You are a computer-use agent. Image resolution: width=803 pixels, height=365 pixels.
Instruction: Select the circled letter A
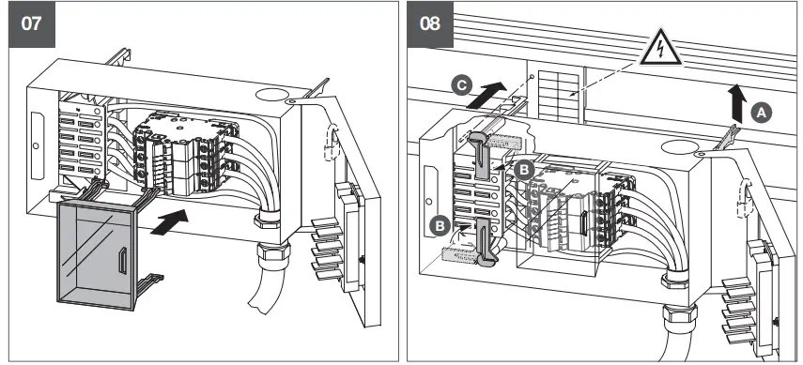click(x=762, y=111)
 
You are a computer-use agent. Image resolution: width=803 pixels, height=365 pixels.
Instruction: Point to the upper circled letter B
click(x=524, y=169)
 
